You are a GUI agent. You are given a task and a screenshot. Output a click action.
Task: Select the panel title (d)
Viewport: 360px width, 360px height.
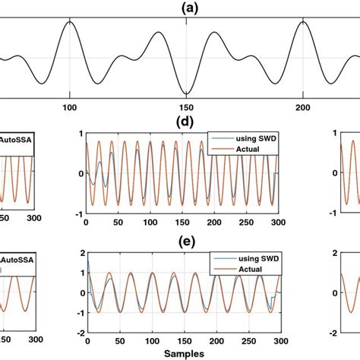(x=182, y=122)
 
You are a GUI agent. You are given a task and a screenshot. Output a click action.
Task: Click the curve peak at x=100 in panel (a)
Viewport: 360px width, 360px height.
(x=69, y=22)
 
